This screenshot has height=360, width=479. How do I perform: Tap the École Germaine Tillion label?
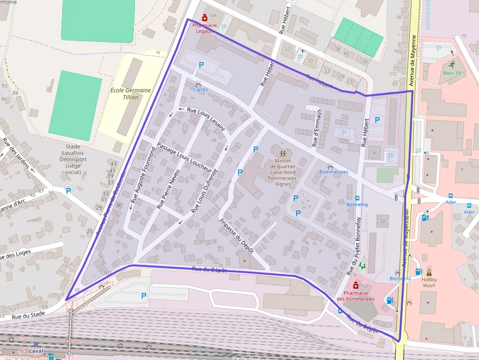point(131,94)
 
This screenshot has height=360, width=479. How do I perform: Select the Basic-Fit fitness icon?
point(452,64)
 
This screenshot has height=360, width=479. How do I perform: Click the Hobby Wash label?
point(429,282)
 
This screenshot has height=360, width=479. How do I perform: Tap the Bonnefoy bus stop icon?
point(357,198)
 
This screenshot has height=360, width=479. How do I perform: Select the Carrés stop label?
point(200,90)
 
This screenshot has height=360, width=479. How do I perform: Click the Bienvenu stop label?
point(400,278)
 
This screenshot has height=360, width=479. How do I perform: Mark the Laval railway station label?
point(36,351)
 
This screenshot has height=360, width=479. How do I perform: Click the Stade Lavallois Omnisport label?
point(73,159)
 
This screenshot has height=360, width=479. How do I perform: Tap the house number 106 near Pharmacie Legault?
point(213,16)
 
